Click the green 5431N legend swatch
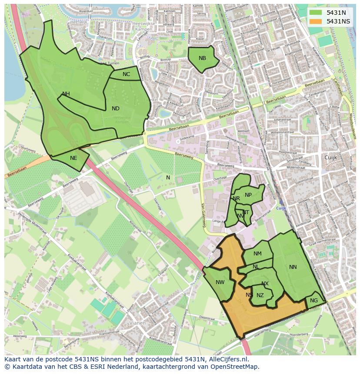coord(316,13)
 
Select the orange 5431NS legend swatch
coord(316,21)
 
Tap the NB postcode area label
coord(202,58)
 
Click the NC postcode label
coord(126,74)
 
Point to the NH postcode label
coord(66,94)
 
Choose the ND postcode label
coord(115,109)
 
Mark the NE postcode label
coord(73,158)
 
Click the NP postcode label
coord(248,195)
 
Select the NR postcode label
coord(237,199)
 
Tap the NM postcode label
coord(257,254)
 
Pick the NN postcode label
coord(293,267)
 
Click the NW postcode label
coord(220,282)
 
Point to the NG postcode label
coord(314,301)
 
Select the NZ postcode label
coord(260,295)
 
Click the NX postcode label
coord(265,284)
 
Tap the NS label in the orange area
coord(249,295)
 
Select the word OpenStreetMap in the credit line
coord(237,367)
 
